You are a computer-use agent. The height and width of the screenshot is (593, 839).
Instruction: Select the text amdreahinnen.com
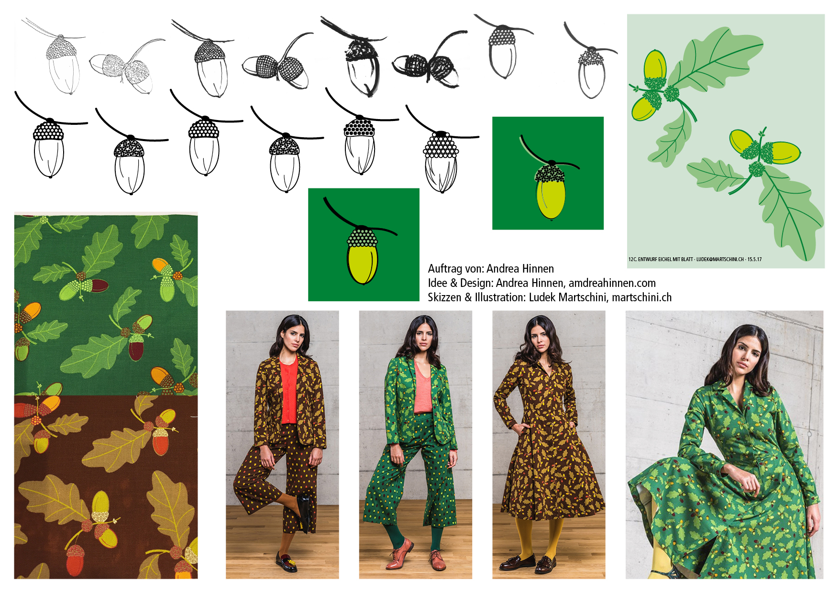coord(612,283)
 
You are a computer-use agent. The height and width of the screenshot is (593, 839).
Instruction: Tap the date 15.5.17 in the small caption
coord(754,260)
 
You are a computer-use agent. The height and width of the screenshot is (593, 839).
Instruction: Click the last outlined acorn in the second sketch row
coord(441,163)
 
